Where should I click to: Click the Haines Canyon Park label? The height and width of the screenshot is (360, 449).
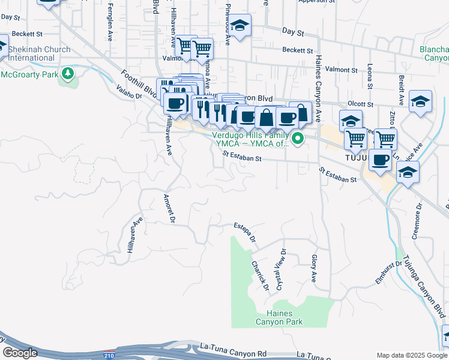(x=279, y=317)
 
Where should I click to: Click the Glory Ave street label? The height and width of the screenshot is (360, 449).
(x=313, y=268)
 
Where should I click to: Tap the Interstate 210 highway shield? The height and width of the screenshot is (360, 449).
(x=109, y=355)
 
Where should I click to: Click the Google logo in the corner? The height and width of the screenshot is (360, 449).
(x=20, y=353)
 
